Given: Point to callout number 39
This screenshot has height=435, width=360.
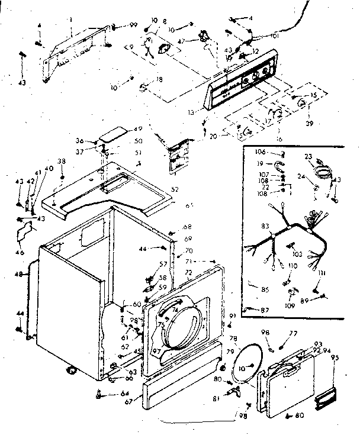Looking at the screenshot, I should point(307,124).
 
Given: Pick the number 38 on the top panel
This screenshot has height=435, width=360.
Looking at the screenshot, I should point(61,162).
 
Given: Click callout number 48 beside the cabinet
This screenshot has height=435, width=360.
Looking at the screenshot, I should point(19,274).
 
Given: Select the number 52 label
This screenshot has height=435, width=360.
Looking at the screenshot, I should point(174,189).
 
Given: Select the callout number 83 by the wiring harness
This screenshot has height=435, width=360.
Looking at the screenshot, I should point(264,225).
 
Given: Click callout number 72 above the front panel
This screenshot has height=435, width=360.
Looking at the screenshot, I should point(188,272).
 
